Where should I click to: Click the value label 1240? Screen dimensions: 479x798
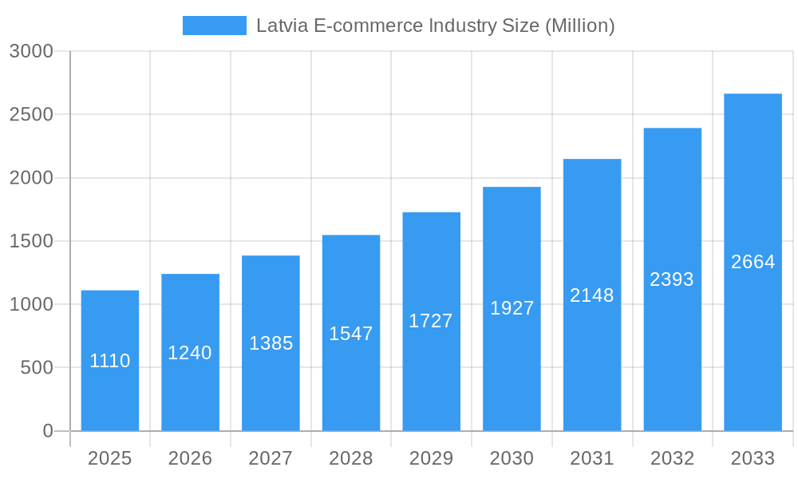(190, 353)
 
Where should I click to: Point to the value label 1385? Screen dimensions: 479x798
(271, 343)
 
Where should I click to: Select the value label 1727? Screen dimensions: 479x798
(431, 321)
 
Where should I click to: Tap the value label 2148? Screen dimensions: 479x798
(592, 295)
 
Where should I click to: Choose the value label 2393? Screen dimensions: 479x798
(672, 279)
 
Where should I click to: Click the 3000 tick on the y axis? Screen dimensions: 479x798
(31, 51)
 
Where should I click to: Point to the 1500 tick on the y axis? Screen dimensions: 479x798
(31, 241)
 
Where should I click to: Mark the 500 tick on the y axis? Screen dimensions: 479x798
(37, 368)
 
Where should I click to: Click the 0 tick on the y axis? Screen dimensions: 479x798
(47, 431)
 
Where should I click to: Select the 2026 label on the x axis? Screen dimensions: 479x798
(190, 458)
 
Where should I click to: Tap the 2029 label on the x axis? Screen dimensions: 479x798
(431, 458)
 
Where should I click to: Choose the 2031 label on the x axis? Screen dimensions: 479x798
(592, 458)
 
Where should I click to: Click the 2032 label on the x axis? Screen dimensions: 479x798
(672, 458)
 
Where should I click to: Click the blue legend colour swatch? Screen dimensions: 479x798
(215, 26)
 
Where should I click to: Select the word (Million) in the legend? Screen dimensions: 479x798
(579, 26)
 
